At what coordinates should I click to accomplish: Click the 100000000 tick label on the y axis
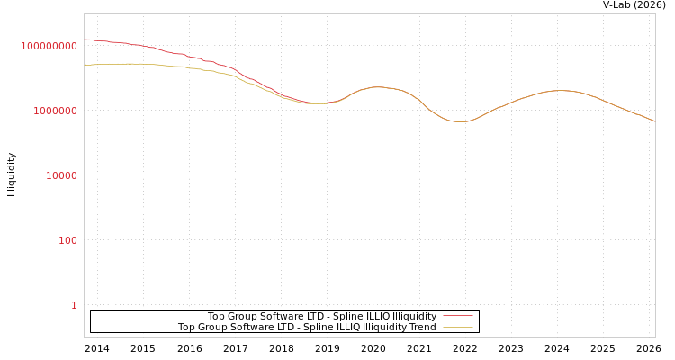[49, 46]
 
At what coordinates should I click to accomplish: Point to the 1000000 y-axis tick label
[56, 111]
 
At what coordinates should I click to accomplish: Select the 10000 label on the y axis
[62, 175]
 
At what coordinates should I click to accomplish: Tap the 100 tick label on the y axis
[68, 240]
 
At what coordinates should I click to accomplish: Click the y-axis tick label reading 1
[74, 305]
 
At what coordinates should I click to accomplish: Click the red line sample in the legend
[458, 316]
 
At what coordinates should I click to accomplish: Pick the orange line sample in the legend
[458, 328]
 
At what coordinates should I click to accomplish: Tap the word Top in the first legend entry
[217, 316]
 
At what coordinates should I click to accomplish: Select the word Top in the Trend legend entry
[187, 328]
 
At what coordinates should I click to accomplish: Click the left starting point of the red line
[85, 40]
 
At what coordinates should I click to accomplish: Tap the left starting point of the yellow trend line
[85, 65]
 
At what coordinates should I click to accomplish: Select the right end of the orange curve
[654, 121]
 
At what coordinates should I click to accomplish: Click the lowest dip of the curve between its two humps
[460, 121]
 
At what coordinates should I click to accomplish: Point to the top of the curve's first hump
[377, 87]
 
